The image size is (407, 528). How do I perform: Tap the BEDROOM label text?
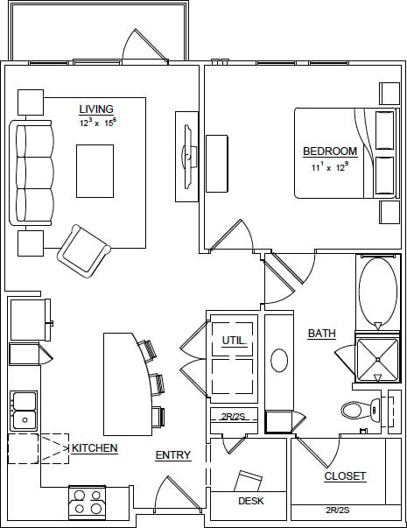point(330,151)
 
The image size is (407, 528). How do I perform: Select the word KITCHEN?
point(95,448)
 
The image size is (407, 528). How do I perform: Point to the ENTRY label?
point(173,455)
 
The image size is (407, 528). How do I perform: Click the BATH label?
point(321,334)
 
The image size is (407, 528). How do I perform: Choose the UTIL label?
point(233,340)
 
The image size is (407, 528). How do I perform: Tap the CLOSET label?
point(345,476)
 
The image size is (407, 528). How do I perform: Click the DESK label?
point(251,502)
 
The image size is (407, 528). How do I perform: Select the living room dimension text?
point(96,123)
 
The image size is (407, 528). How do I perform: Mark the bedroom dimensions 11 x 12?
point(330,165)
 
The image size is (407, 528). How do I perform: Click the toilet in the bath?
point(361,409)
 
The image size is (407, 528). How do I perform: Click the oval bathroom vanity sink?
point(279,360)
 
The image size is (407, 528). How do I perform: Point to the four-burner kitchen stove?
point(88,503)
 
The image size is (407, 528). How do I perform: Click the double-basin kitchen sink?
point(24,410)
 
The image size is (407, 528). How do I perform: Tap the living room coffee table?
point(95,171)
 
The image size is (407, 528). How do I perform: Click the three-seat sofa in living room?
point(33,173)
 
